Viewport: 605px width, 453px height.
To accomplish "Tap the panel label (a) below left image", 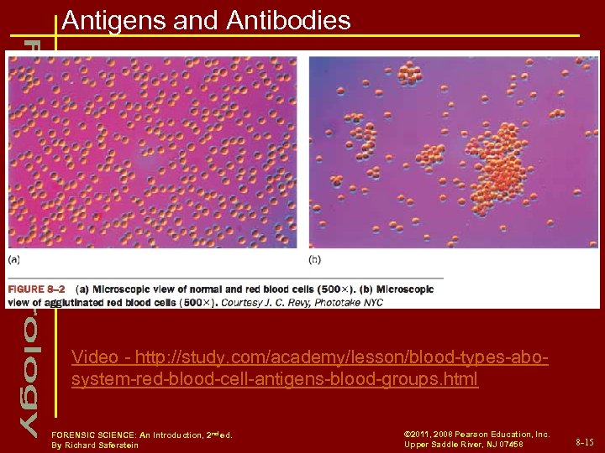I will pos(15,260).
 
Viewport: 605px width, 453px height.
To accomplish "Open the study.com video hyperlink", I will pos(310,368).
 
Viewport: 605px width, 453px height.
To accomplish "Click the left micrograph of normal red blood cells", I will pos(152,152).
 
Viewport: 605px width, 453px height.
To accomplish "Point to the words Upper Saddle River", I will pos(445,445).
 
